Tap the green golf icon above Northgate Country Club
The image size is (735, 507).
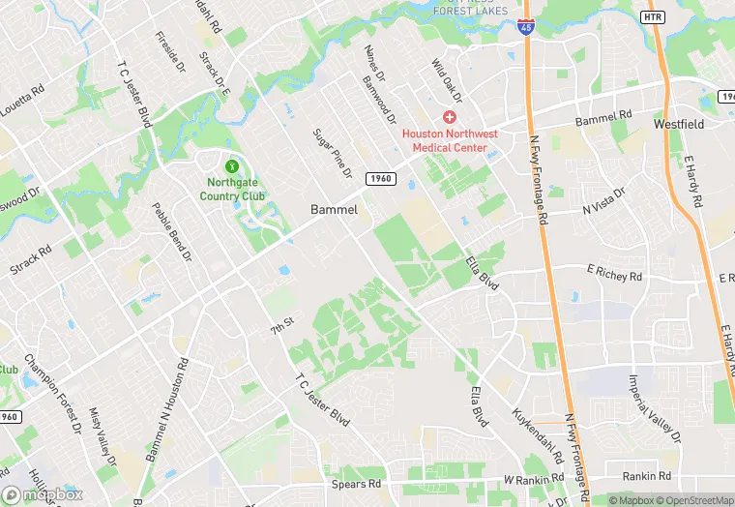point(231,165)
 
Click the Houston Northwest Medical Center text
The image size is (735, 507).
point(450,140)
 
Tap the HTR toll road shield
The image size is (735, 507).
point(653,17)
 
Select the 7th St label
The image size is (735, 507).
point(281,326)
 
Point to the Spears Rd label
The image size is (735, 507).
point(358,483)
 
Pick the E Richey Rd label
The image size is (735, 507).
point(615,274)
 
